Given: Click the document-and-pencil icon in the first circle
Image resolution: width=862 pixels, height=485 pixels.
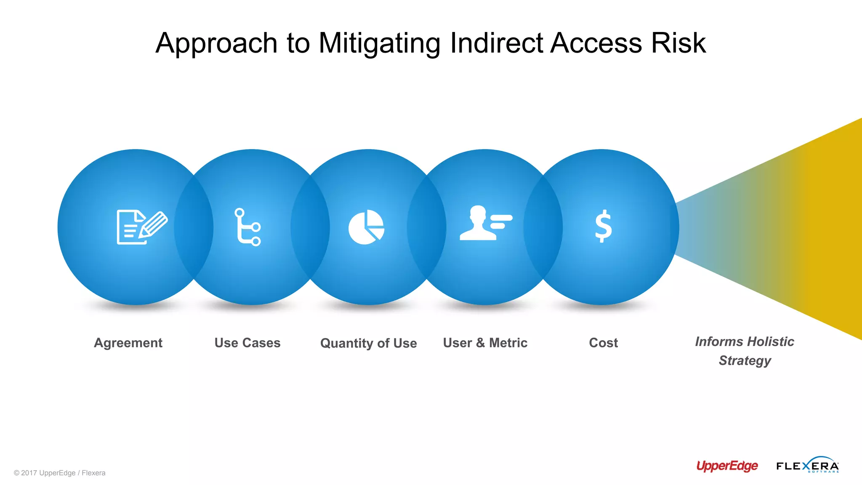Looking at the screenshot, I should point(141,227).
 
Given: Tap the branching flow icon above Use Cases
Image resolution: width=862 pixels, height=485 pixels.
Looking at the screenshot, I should point(247,227).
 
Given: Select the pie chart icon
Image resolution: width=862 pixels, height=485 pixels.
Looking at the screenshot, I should point(366,227).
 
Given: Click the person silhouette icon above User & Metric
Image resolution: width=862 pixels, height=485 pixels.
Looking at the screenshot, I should point(485,223).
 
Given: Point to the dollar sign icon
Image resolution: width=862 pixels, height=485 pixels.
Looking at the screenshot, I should point(603,226).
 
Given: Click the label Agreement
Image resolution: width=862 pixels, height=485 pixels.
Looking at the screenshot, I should point(128,343).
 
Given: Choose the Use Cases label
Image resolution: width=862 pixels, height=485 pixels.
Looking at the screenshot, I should point(247,343).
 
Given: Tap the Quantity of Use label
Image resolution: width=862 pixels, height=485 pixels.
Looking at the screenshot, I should point(368,343).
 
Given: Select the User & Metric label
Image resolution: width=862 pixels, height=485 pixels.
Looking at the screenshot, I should point(485,343).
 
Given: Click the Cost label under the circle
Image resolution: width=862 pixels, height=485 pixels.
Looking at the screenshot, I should point(603,343).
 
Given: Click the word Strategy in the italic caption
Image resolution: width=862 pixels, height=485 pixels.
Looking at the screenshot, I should point(745,361).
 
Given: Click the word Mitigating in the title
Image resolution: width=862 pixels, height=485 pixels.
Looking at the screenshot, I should point(379,43).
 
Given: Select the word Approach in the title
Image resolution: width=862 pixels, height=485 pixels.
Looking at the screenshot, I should point(216,43).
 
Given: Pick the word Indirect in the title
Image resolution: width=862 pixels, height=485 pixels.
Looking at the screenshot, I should point(496,43).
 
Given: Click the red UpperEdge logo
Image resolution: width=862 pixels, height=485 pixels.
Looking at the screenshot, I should point(727,466).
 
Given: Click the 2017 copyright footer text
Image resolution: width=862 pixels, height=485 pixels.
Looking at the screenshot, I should point(59,473).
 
